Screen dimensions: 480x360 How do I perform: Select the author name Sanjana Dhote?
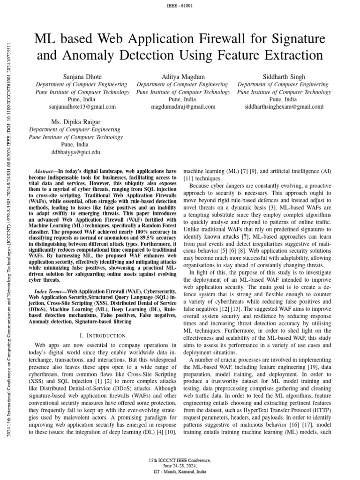[82, 76]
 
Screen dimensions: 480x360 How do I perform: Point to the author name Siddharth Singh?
[284, 76]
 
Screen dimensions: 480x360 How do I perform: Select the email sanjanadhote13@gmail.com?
[82, 107]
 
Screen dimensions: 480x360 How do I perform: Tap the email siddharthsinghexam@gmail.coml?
[284, 107]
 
